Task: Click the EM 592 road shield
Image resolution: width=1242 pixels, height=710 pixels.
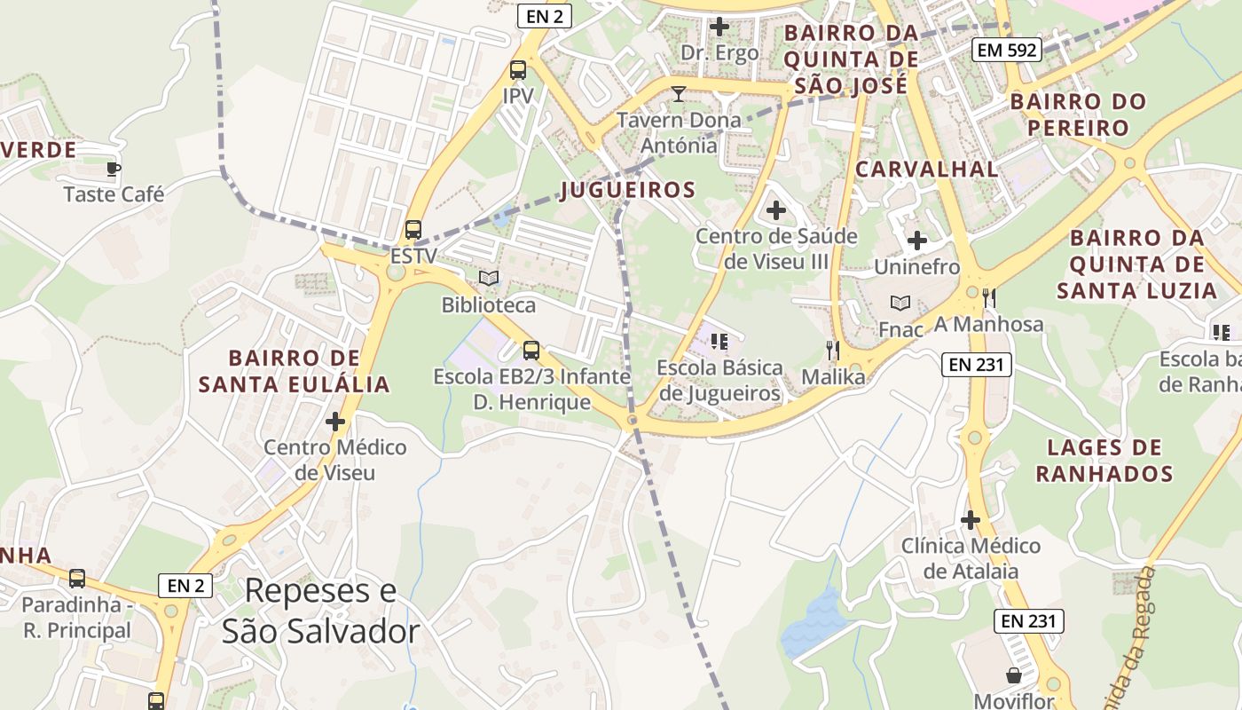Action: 1006,51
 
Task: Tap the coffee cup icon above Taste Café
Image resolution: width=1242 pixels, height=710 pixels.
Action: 113,168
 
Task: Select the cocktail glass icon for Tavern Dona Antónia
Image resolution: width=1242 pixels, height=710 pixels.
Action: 679,94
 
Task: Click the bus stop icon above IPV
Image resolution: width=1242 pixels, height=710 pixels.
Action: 518,70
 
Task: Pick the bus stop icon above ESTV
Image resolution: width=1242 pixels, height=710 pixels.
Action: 413,230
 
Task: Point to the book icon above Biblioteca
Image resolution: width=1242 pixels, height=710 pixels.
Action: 489,279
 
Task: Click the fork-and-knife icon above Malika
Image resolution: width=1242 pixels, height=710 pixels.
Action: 832,351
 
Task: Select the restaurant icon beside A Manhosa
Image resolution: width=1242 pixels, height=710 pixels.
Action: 990,298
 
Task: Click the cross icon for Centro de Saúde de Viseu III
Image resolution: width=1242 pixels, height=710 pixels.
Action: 776,210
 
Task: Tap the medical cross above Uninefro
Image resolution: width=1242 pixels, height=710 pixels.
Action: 917,241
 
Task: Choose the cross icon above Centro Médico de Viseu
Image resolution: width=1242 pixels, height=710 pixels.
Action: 335,422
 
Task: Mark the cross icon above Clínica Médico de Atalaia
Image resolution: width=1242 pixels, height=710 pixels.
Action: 971,519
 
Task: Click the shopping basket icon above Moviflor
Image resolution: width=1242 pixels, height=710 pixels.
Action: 1014,675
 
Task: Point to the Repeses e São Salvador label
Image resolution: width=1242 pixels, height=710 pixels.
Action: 320,611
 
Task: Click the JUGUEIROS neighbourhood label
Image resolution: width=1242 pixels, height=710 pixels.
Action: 628,190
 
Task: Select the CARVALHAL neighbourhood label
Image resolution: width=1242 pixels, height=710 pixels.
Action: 927,169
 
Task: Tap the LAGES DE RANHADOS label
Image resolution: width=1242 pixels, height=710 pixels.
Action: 1104,460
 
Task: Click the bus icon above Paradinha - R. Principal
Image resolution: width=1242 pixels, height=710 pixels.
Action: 77,579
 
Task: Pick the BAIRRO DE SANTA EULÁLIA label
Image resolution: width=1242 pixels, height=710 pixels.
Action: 294,371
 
